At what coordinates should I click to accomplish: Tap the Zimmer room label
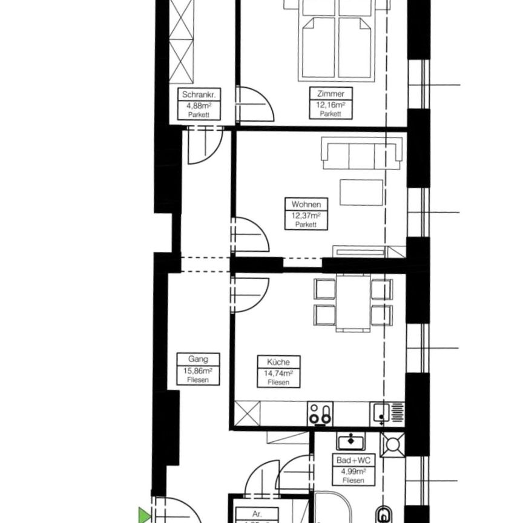point(331,94)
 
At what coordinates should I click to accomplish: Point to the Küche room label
point(278,362)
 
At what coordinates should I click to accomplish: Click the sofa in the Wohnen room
point(362,154)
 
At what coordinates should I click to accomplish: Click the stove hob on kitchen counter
point(320,414)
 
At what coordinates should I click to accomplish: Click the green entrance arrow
point(144,516)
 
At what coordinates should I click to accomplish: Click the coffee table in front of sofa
point(361,193)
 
